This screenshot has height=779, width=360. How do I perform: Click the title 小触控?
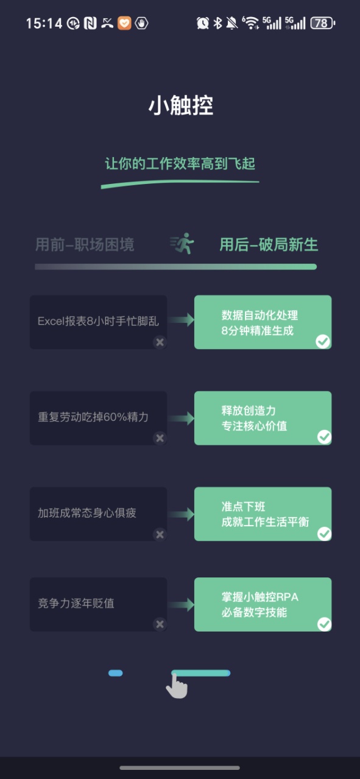tap(180, 105)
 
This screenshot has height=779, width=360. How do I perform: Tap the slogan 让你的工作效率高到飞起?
tap(180, 163)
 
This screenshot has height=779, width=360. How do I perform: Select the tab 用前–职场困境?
tap(85, 244)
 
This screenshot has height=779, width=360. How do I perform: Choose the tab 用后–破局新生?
tap(269, 244)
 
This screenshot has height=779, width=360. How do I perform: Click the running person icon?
tap(182, 244)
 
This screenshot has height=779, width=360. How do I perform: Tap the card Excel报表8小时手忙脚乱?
tap(99, 322)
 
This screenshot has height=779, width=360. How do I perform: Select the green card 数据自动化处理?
tap(263, 322)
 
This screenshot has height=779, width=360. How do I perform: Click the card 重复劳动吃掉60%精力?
tap(99, 418)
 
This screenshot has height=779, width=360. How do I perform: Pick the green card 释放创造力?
tap(263, 418)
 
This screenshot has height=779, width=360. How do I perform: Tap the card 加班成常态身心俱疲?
tap(99, 514)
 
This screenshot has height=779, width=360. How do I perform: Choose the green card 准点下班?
tap(263, 514)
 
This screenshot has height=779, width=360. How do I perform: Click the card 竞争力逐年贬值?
tap(99, 604)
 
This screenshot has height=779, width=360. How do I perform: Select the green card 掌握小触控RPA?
tap(263, 604)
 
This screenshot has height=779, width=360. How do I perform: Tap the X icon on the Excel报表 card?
tap(160, 342)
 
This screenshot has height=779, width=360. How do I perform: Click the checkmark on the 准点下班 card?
tap(324, 534)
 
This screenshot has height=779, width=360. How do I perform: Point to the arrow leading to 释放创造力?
tap(181, 418)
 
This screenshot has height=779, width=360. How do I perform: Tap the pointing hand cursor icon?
tap(177, 685)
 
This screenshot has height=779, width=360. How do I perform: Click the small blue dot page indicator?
tap(116, 673)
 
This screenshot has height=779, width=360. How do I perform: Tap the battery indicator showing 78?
tap(322, 23)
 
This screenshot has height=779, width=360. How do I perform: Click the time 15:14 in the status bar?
tap(44, 24)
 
